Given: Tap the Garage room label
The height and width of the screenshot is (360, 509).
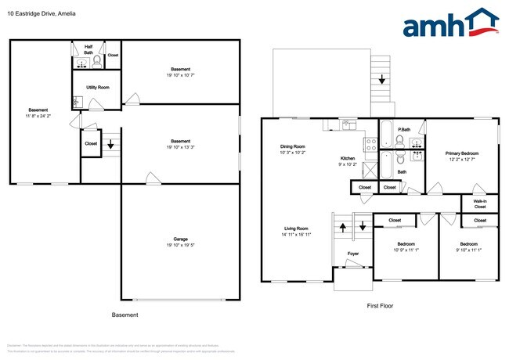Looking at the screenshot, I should click(179, 239).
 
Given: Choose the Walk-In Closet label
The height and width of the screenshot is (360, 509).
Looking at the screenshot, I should click(480, 203).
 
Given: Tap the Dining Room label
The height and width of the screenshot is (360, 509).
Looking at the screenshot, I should click(293, 146).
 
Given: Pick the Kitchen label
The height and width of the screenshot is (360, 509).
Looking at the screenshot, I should click(346, 158).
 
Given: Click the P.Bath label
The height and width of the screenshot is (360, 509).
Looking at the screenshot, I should click(405, 129).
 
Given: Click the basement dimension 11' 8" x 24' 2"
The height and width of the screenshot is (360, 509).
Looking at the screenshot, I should click(38, 116).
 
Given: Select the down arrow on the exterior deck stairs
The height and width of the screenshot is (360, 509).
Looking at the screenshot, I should click(381, 78).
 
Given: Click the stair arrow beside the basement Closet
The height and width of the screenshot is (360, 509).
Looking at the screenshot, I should click(110, 144).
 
